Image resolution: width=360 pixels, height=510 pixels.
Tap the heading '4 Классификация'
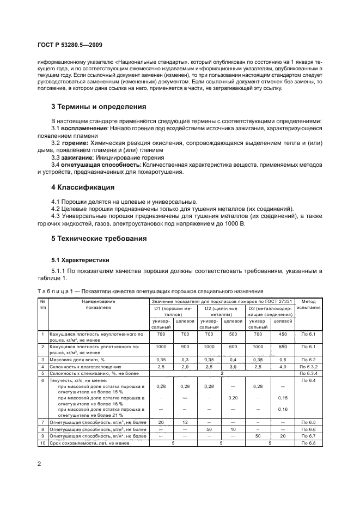pyautogui.click(x=83, y=187)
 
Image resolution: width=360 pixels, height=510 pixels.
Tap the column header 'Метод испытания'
pyautogui.click(x=308, y=304)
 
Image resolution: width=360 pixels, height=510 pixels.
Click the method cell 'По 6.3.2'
pyautogui.click(x=308, y=368)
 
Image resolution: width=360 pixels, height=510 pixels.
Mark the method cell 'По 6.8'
pyautogui.click(x=308, y=443)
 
